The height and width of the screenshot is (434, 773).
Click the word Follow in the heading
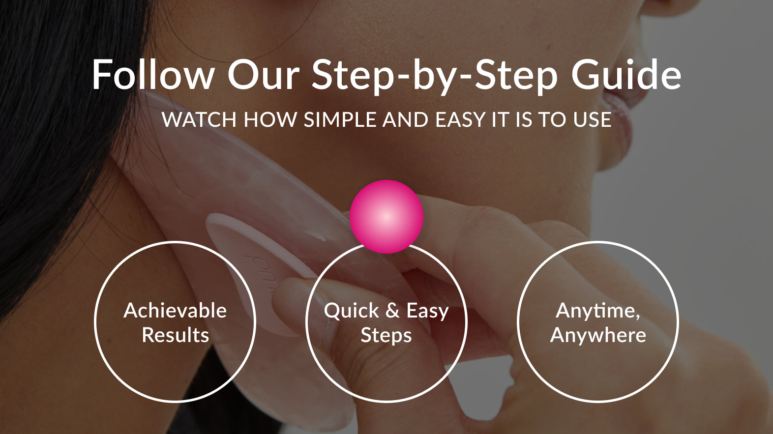point(153,75)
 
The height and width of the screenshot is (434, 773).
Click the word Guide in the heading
point(626,75)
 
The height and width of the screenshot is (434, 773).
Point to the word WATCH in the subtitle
point(199,119)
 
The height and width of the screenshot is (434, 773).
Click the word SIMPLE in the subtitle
point(340,119)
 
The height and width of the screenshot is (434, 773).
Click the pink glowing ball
point(386,217)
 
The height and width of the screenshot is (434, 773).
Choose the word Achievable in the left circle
point(175,311)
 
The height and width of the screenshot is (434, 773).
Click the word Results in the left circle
point(176,335)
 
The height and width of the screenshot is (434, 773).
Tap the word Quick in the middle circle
point(351,311)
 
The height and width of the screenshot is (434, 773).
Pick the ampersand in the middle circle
point(392,311)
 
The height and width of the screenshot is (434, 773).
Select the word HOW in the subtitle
point(270,119)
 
